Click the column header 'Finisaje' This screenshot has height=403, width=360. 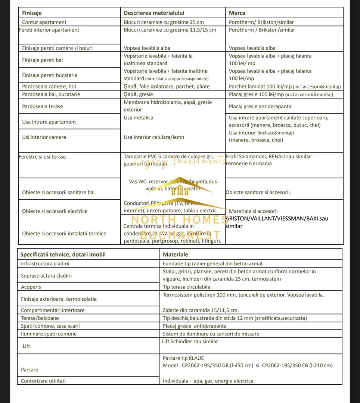click(32, 13)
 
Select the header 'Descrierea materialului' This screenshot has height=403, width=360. click(154, 13)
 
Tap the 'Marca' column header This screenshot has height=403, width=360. click(237, 13)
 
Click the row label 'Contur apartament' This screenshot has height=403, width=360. click(44, 22)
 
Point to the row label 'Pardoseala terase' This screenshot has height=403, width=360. click(43, 106)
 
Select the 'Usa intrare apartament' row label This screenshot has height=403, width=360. click(49, 122)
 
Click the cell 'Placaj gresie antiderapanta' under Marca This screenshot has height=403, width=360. click(260, 106)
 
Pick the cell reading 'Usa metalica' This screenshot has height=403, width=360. click(139, 118)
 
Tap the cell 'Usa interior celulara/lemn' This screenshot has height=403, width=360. click(154, 137)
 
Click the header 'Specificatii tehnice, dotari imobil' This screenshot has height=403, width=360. click(63, 254)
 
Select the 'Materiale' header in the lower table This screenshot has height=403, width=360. click(176, 254)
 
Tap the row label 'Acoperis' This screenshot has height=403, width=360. click(31, 287)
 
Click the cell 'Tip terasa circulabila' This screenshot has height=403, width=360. click(186, 287)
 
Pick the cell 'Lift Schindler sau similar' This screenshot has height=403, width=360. click(190, 341)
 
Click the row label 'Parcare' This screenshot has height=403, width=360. click(30, 369)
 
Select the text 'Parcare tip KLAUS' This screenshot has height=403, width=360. click(183, 358)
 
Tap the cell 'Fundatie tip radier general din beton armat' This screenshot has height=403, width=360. click(213, 263)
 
